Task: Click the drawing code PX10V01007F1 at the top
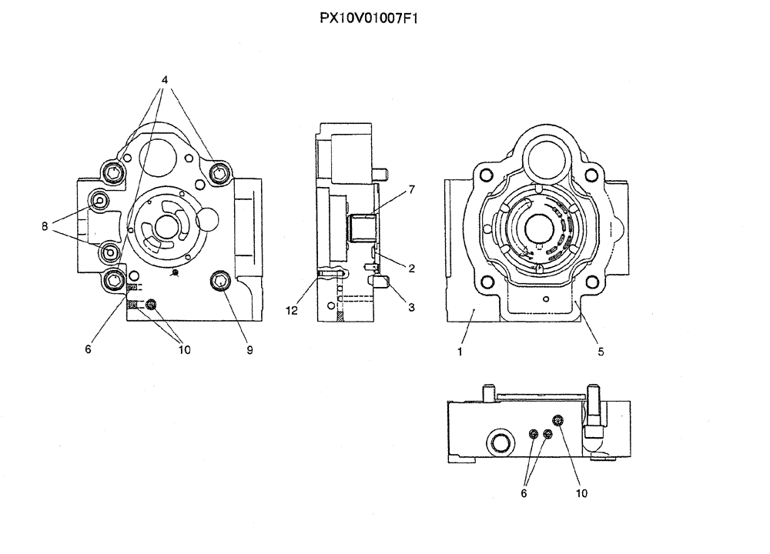(368, 17)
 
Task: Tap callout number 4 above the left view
(165, 80)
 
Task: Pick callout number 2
(412, 269)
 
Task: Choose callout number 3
(412, 307)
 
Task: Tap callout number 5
(601, 352)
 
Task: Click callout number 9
(249, 350)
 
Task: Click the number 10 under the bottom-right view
(581, 493)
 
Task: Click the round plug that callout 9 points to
(221, 282)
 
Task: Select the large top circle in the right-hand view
(546, 160)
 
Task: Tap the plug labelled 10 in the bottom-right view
(560, 419)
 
